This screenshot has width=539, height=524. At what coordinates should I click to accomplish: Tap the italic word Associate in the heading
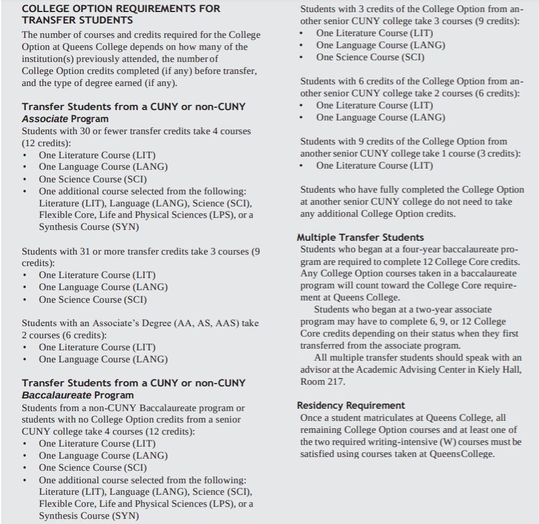coord(45,119)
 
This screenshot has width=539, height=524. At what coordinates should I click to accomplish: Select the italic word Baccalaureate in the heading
coord(56,395)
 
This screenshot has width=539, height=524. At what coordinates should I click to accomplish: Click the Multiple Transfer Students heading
coord(360,237)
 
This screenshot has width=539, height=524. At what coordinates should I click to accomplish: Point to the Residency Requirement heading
coord(351,405)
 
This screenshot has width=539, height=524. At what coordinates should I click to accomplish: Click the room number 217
coord(337,381)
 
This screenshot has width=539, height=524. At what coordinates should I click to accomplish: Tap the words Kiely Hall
coord(499,369)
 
